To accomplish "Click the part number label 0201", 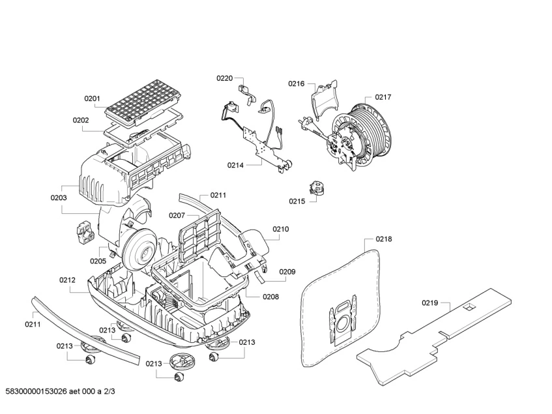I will point(92,99).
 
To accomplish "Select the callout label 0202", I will point(81,120).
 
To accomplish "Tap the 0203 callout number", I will point(59,197).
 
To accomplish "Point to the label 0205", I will point(98,261).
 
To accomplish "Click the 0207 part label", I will point(177,215).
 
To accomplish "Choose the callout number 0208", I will point(270,297).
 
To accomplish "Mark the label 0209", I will point(287,272).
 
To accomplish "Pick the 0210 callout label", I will point(280,229).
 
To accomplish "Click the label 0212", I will point(68,280).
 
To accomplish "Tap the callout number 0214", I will point(235,166).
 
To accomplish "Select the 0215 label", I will point(297,201).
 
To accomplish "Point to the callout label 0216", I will point(297,83).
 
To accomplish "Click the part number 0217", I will point(383,97).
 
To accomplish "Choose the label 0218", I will point(384,239).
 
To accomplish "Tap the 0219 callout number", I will point(430,303).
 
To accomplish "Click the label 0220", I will point(224,78).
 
